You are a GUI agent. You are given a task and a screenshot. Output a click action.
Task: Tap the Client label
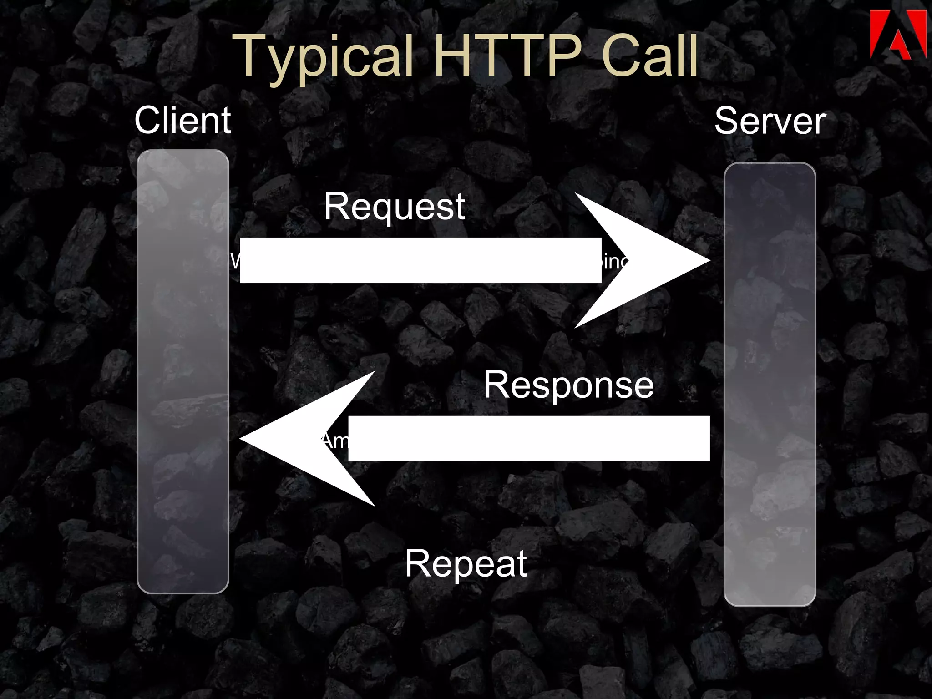click(182, 120)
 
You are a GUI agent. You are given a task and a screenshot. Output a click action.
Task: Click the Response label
click(568, 385)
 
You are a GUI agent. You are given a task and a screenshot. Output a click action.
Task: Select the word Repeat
click(466, 563)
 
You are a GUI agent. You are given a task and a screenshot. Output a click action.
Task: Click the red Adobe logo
click(897, 35)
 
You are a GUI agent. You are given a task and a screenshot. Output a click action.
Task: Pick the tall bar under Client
click(182, 371)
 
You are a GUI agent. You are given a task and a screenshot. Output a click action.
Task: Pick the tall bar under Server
click(770, 384)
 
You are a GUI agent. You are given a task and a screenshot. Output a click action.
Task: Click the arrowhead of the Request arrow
click(655, 260)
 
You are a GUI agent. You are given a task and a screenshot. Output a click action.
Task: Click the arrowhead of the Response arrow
click(296, 439)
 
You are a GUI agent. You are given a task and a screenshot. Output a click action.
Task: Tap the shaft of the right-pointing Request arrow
click(420, 260)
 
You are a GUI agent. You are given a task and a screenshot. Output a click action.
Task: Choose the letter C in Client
click(148, 120)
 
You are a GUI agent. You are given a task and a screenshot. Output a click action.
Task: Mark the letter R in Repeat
click(417, 563)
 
